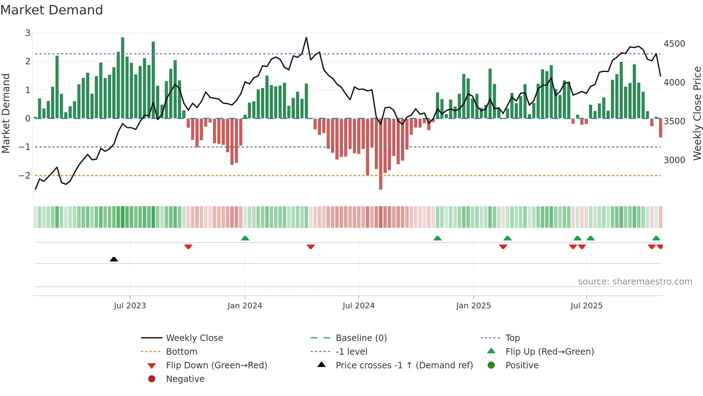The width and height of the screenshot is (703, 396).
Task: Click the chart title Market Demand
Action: [x=52, y=10]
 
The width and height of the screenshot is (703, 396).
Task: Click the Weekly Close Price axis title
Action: [x=697, y=113]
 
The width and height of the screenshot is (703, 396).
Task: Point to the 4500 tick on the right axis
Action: [x=674, y=44]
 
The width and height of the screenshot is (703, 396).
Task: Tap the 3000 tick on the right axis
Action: [x=674, y=160]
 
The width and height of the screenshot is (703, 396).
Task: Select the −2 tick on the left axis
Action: [x=24, y=176]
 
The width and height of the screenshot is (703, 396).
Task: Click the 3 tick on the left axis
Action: [x=28, y=33]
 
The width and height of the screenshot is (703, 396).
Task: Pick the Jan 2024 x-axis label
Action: [x=245, y=306]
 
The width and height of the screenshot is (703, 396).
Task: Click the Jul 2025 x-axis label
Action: [x=586, y=306]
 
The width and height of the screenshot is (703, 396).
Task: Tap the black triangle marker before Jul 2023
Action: [x=114, y=259]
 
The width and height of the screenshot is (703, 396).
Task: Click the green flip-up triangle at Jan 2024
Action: [x=245, y=238]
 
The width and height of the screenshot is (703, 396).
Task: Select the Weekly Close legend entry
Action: [x=194, y=338]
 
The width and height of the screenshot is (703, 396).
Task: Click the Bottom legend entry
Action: [x=181, y=352]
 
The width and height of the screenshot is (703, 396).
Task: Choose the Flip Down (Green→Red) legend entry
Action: [x=216, y=365]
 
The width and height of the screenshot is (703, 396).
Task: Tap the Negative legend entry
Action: [x=185, y=379]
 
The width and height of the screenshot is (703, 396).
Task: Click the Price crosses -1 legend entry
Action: [x=404, y=365]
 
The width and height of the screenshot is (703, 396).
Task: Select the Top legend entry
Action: [x=512, y=338]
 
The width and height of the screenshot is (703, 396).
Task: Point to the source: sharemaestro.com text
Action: [x=635, y=282]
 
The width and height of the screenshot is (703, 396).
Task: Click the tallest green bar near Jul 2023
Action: [x=123, y=77]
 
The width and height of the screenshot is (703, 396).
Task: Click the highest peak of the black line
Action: [x=306, y=38]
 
